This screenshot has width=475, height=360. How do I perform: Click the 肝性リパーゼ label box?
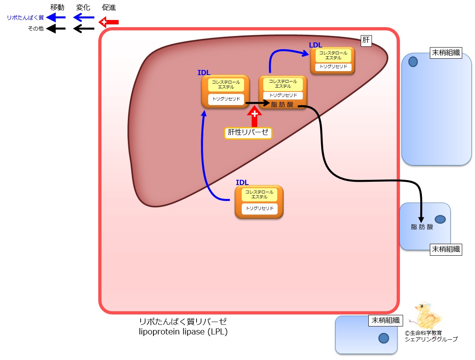pyautogui.click(x=248, y=133)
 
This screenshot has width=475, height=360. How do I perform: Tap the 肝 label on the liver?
pyautogui.click(x=366, y=40)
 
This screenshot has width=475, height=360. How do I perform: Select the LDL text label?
pyautogui.click(x=315, y=45)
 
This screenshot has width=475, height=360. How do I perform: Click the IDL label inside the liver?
pyautogui.click(x=204, y=73)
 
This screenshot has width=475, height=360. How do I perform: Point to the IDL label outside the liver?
pyautogui.click(x=242, y=183)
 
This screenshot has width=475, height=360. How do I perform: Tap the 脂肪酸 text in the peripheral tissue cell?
pyautogui.click(x=422, y=227)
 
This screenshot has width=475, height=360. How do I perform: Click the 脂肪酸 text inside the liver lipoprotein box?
pyautogui.click(x=282, y=105)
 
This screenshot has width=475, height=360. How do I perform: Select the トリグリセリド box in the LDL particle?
pyautogui.click(x=333, y=67)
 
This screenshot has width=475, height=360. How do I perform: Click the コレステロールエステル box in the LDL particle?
pyautogui.click(x=333, y=56)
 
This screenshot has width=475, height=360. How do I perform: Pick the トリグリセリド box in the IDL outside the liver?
pyautogui.click(x=260, y=209)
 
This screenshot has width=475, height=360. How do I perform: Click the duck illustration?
pyautogui.click(x=427, y=316)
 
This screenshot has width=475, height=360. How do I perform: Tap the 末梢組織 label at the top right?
pyautogui.click(x=446, y=53)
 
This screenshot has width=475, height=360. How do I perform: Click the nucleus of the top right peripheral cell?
pyautogui.click(x=413, y=62)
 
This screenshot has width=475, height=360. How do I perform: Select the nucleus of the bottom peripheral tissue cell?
pyautogui.click(x=384, y=338)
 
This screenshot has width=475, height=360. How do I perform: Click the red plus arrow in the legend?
pyautogui.click(x=108, y=22)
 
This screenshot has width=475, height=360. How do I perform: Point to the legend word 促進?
pyautogui.click(x=109, y=7)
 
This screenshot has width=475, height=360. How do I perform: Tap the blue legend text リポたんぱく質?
pyautogui.click(x=26, y=18)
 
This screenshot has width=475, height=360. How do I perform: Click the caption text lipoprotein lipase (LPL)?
pyautogui.click(x=183, y=332)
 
